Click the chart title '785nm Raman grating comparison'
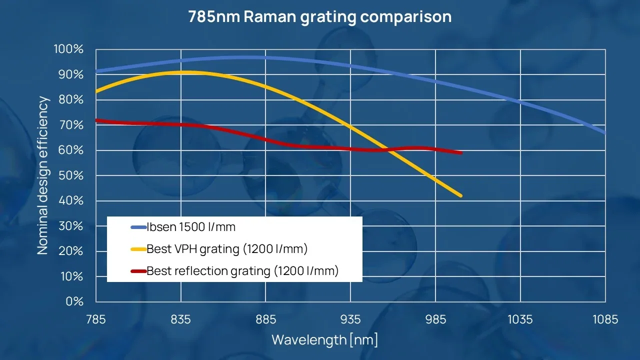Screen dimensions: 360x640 pyautogui.click(x=320, y=16)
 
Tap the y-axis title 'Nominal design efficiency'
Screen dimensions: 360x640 pyautogui.click(x=43, y=175)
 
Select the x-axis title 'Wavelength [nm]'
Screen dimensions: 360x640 pyautogui.click(x=324, y=340)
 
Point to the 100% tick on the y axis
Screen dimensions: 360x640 pyautogui.click(x=68, y=49)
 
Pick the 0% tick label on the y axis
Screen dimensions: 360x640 pyautogui.click(x=74, y=301)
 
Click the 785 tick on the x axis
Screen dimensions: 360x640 pyautogui.click(x=96, y=319)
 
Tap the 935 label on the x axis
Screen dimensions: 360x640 pyautogui.click(x=350, y=319)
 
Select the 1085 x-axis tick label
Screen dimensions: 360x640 pyautogui.click(x=605, y=319)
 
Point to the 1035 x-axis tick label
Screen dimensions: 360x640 pyautogui.click(x=520, y=319)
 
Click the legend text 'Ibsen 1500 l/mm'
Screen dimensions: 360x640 pyautogui.click(x=190, y=227)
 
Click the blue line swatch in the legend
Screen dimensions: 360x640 pyautogui.click(x=138, y=227)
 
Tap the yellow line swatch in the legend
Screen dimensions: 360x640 pyautogui.click(x=138, y=249)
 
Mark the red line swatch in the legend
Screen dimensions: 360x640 pyautogui.click(x=138, y=271)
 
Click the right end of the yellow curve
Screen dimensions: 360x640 pyautogui.click(x=460, y=195)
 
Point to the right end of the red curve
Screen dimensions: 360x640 pyautogui.click(x=460, y=152)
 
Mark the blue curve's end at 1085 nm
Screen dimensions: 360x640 pyautogui.click(x=604, y=133)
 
